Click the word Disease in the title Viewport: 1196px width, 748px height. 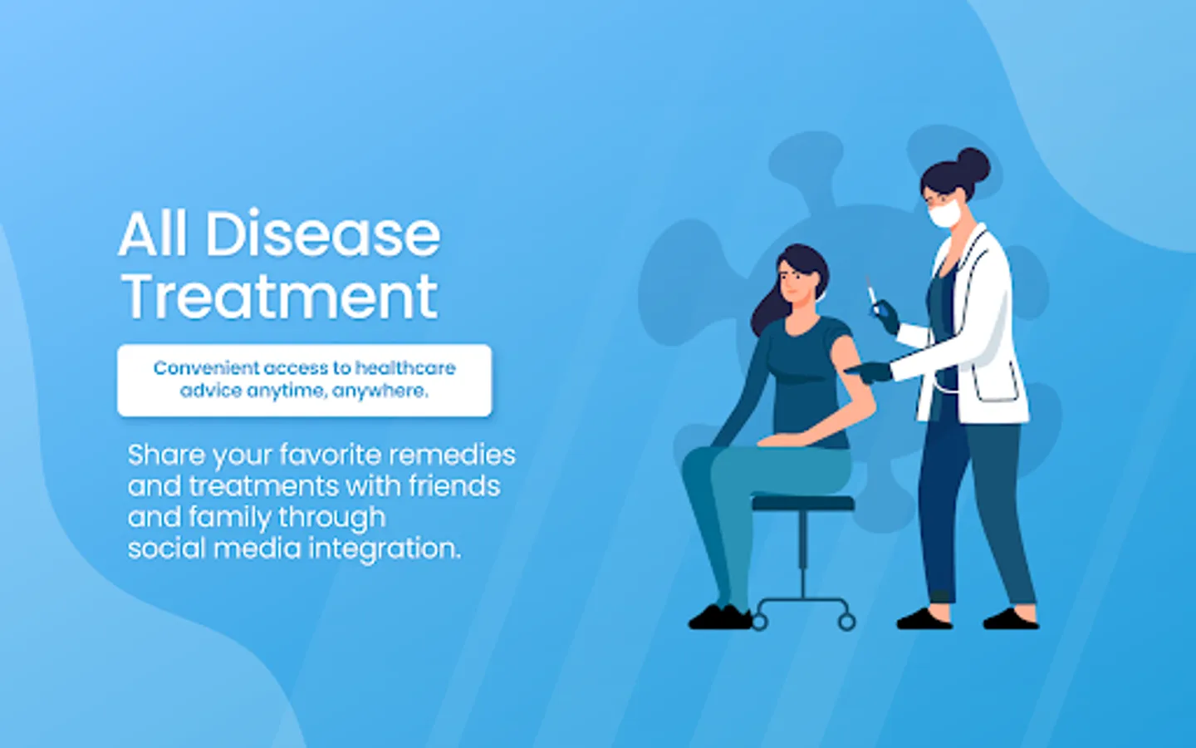(323, 235)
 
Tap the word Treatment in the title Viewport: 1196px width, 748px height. (281, 296)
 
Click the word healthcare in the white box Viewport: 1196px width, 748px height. (405, 367)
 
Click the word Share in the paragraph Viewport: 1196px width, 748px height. (166, 455)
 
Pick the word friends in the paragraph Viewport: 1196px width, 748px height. (454, 486)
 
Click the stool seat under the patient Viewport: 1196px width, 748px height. (803, 504)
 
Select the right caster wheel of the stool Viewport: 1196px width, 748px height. (847, 622)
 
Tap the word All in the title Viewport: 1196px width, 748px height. (153, 235)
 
